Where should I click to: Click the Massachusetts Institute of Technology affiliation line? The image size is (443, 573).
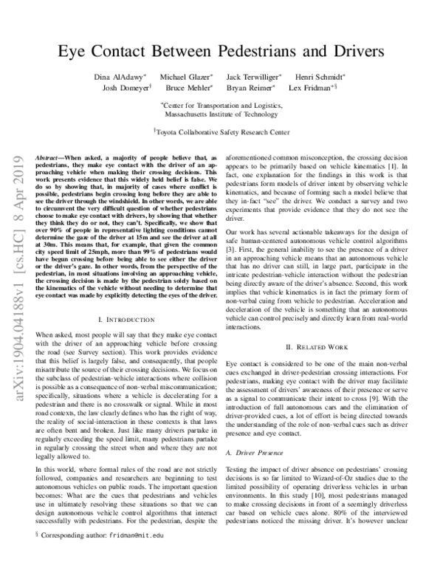(x=221, y=114)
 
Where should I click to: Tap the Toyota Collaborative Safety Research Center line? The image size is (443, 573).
(x=222, y=134)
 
